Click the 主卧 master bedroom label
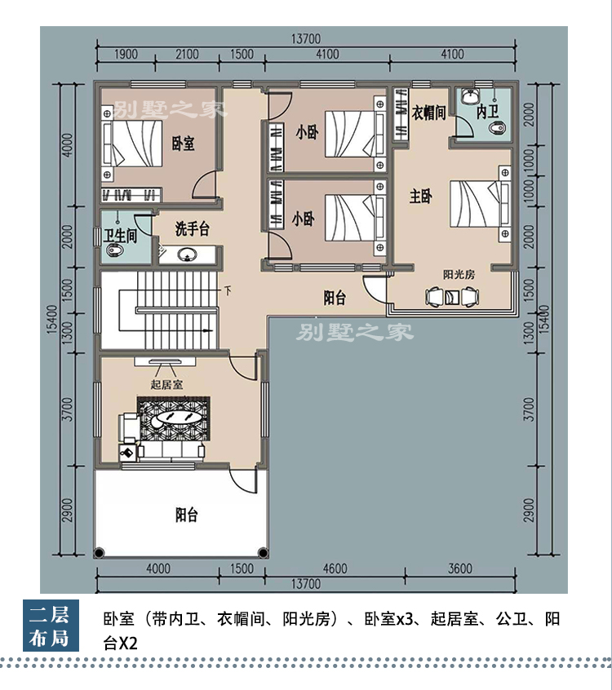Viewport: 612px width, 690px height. click(x=420, y=196)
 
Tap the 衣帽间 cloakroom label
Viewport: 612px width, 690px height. click(x=429, y=113)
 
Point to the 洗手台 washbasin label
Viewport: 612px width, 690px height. click(x=192, y=228)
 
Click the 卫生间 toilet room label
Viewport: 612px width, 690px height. click(x=120, y=236)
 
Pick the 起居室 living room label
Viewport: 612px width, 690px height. click(x=166, y=384)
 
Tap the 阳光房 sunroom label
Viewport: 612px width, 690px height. click(x=459, y=275)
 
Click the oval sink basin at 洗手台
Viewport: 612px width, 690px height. click(x=188, y=254)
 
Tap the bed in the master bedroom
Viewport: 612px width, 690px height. click(x=480, y=203)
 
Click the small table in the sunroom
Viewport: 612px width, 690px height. click(x=452, y=298)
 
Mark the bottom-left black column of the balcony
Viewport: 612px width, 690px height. click(x=99, y=552)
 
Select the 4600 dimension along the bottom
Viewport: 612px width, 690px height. click(x=335, y=568)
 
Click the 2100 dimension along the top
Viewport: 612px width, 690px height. click(x=187, y=54)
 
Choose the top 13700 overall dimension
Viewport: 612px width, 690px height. click(x=305, y=38)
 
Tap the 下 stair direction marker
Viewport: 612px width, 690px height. click(x=228, y=290)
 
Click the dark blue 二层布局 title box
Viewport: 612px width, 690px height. click(x=51, y=626)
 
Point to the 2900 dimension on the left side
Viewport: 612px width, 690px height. click(x=68, y=510)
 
